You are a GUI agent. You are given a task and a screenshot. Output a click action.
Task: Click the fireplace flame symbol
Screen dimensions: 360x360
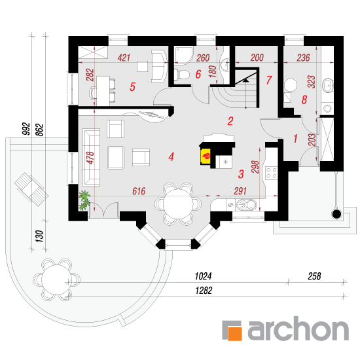tap(206, 156)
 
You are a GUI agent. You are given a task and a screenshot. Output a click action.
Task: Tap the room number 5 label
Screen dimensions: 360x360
tap(132, 87)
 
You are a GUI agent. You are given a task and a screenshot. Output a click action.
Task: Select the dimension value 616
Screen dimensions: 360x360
tap(139, 191)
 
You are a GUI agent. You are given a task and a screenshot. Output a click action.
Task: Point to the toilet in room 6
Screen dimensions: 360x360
tap(181, 75)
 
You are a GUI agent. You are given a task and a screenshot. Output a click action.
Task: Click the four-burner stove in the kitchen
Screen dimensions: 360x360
tap(271, 173)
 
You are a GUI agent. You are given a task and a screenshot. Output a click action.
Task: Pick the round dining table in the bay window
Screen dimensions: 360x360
tap(178, 204)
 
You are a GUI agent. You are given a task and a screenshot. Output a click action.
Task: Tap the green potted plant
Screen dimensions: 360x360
tap(84, 200)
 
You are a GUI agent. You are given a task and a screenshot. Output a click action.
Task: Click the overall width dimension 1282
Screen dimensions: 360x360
tap(204, 291)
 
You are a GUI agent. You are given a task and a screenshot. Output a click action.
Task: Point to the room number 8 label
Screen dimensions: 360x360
tap(304, 99)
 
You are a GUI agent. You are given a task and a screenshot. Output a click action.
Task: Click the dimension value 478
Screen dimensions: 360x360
tap(90, 158)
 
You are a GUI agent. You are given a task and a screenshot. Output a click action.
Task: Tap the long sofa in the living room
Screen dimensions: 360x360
tap(92, 157)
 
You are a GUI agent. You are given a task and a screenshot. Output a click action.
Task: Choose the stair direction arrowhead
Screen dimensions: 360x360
tap(246, 80)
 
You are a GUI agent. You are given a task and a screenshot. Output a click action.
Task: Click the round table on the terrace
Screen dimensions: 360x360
tap(56, 279)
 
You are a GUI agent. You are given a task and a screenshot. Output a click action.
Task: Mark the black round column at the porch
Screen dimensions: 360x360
tap(337, 214)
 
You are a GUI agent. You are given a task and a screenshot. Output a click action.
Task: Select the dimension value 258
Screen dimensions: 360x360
tap(314, 276)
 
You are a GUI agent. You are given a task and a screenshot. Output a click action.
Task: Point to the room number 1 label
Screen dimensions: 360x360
tap(295, 139)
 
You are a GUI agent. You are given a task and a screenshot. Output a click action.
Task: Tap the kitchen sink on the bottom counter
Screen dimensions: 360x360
tap(246, 204)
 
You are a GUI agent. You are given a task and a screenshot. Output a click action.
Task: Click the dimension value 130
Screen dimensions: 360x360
tap(39, 236)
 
